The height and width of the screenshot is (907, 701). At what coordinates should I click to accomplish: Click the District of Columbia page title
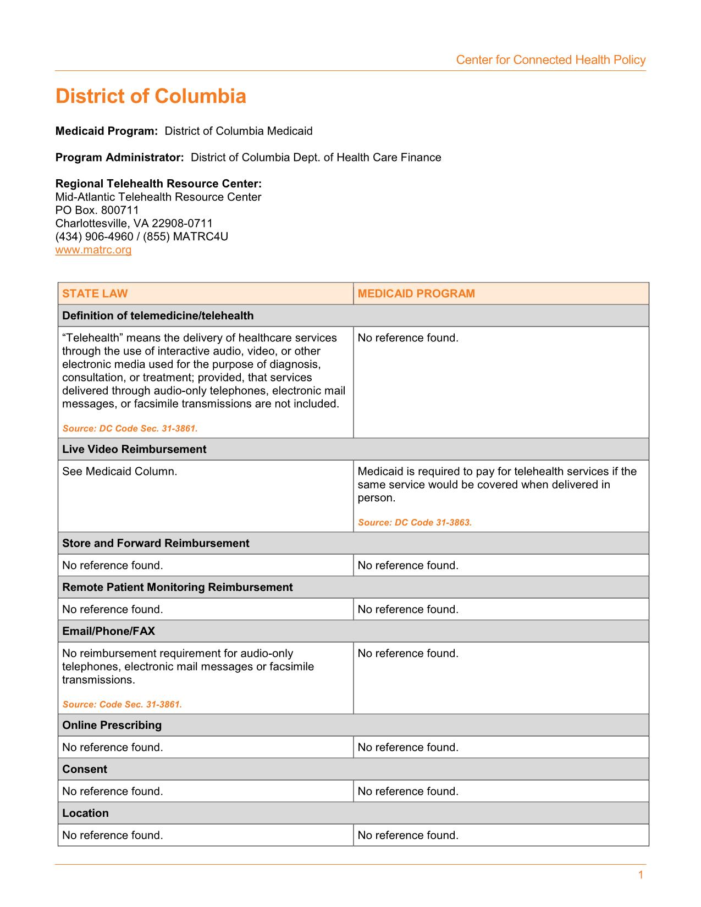click(151, 96)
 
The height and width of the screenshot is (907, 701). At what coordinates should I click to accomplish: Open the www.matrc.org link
click(93, 250)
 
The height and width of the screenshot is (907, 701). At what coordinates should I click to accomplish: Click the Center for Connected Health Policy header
click(550, 60)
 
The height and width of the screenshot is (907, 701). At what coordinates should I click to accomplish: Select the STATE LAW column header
click(95, 294)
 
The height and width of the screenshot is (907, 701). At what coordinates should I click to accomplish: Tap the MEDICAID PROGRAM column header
click(416, 294)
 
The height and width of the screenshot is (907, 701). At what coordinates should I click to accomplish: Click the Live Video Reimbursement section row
click(134, 449)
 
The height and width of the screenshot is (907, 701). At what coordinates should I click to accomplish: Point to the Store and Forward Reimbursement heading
click(156, 543)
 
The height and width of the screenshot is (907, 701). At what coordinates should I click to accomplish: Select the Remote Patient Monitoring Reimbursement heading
click(177, 587)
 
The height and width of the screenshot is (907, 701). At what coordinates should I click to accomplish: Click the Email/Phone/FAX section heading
click(108, 631)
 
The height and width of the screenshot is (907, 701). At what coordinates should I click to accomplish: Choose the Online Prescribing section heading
click(112, 725)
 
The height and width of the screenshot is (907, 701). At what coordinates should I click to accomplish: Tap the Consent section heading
click(85, 769)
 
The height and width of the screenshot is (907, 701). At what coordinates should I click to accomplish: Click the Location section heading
click(85, 813)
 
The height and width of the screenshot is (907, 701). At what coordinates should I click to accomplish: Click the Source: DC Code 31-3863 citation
click(415, 522)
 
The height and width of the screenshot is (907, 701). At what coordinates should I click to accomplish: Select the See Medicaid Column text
click(119, 471)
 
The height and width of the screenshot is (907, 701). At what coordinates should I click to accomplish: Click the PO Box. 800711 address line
click(97, 210)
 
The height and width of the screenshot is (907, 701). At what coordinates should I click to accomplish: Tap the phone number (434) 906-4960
click(94, 236)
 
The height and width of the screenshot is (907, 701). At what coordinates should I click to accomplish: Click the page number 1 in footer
click(641, 875)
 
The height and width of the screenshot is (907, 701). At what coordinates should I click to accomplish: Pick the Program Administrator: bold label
click(119, 158)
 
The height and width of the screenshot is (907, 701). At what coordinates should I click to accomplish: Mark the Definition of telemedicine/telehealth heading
click(158, 316)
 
